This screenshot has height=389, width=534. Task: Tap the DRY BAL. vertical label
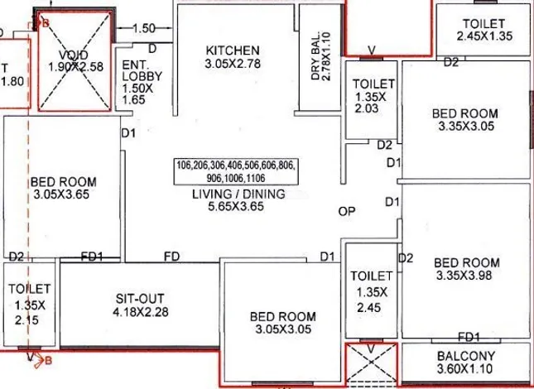(x=320, y=56)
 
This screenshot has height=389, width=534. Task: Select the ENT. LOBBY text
(x=142, y=70)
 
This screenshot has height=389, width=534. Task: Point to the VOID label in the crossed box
(x=74, y=55)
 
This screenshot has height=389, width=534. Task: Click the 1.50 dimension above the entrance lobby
(x=144, y=28)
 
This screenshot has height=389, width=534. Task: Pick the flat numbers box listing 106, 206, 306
(x=236, y=171)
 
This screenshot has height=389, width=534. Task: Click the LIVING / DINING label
(x=238, y=194)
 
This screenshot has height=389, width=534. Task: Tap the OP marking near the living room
(x=347, y=211)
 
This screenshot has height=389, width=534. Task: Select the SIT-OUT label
(x=140, y=299)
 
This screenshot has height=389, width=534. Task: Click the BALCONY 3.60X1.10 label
(x=466, y=363)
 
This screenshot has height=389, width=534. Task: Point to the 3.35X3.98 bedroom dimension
(x=464, y=275)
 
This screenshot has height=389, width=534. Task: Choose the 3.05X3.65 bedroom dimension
(x=61, y=194)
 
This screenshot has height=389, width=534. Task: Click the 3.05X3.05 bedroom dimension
(x=283, y=329)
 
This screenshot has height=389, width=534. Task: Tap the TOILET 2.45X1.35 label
(x=484, y=30)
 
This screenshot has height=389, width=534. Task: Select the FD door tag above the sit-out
(x=171, y=257)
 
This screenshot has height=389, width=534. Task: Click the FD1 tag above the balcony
(x=469, y=337)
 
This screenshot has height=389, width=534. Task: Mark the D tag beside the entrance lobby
(x=152, y=49)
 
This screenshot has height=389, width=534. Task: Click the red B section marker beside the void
(x=46, y=23)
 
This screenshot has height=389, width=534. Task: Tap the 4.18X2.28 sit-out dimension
(x=140, y=312)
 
